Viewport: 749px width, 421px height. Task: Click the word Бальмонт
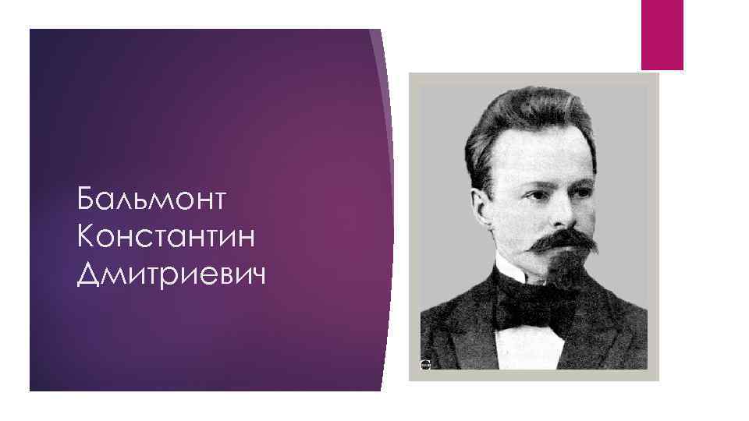(x=151, y=200)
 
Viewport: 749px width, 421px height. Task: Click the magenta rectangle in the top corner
(x=662, y=34)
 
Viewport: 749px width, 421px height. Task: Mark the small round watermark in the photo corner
(x=425, y=364)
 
